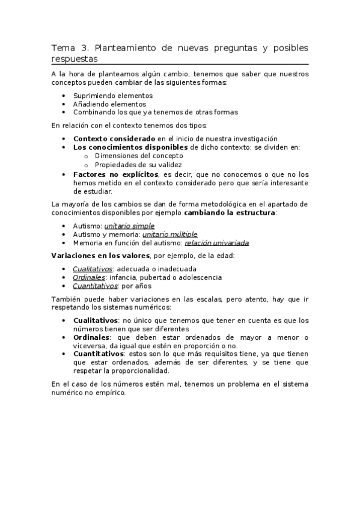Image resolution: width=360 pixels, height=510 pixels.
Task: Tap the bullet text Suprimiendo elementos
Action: pyautogui.click(x=113, y=96)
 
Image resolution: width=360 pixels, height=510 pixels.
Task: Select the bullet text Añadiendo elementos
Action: pyautogui.click(x=109, y=103)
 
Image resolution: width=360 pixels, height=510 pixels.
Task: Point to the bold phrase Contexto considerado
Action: pyautogui.click(x=114, y=138)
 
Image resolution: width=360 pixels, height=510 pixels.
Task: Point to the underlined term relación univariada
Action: pyautogui.click(x=216, y=242)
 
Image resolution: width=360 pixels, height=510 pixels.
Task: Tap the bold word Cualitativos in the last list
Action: pyautogui.click(x=94, y=321)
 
